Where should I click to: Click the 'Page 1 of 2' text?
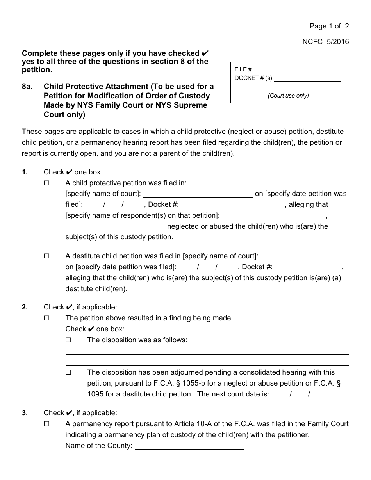click(x=329, y=26)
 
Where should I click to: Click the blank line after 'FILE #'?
click(x=297, y=69)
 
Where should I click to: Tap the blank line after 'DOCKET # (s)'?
click(x=307, y=78)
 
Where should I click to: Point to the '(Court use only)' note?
click(x=288, y=96)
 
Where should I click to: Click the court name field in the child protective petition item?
click(x=198, y=194)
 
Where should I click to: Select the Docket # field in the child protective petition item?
click(x=232, y=205)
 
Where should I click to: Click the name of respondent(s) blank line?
click(x=273, y=216)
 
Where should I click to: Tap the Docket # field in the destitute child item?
click(x=307, y=267)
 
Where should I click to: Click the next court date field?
click(x=300, y=394)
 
